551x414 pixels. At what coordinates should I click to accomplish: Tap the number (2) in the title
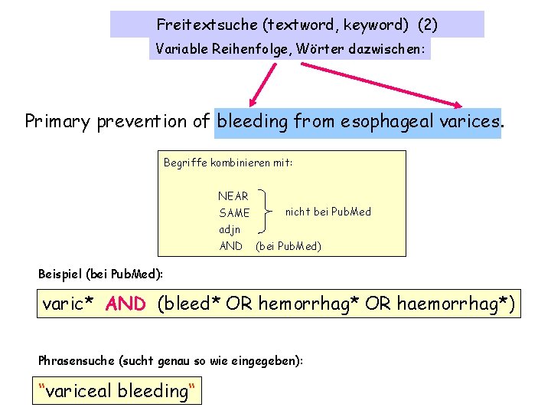428,25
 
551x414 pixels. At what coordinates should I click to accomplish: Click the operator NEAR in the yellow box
233,196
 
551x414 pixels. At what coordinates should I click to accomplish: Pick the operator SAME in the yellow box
234,212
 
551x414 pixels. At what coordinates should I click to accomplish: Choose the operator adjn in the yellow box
230,229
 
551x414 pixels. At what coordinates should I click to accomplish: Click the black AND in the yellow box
230,246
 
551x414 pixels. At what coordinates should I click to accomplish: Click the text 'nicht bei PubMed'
328,212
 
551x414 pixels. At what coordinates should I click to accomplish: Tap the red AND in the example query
126,304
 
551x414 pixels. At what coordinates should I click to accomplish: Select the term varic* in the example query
68,304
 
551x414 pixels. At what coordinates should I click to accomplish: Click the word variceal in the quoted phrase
79,391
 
